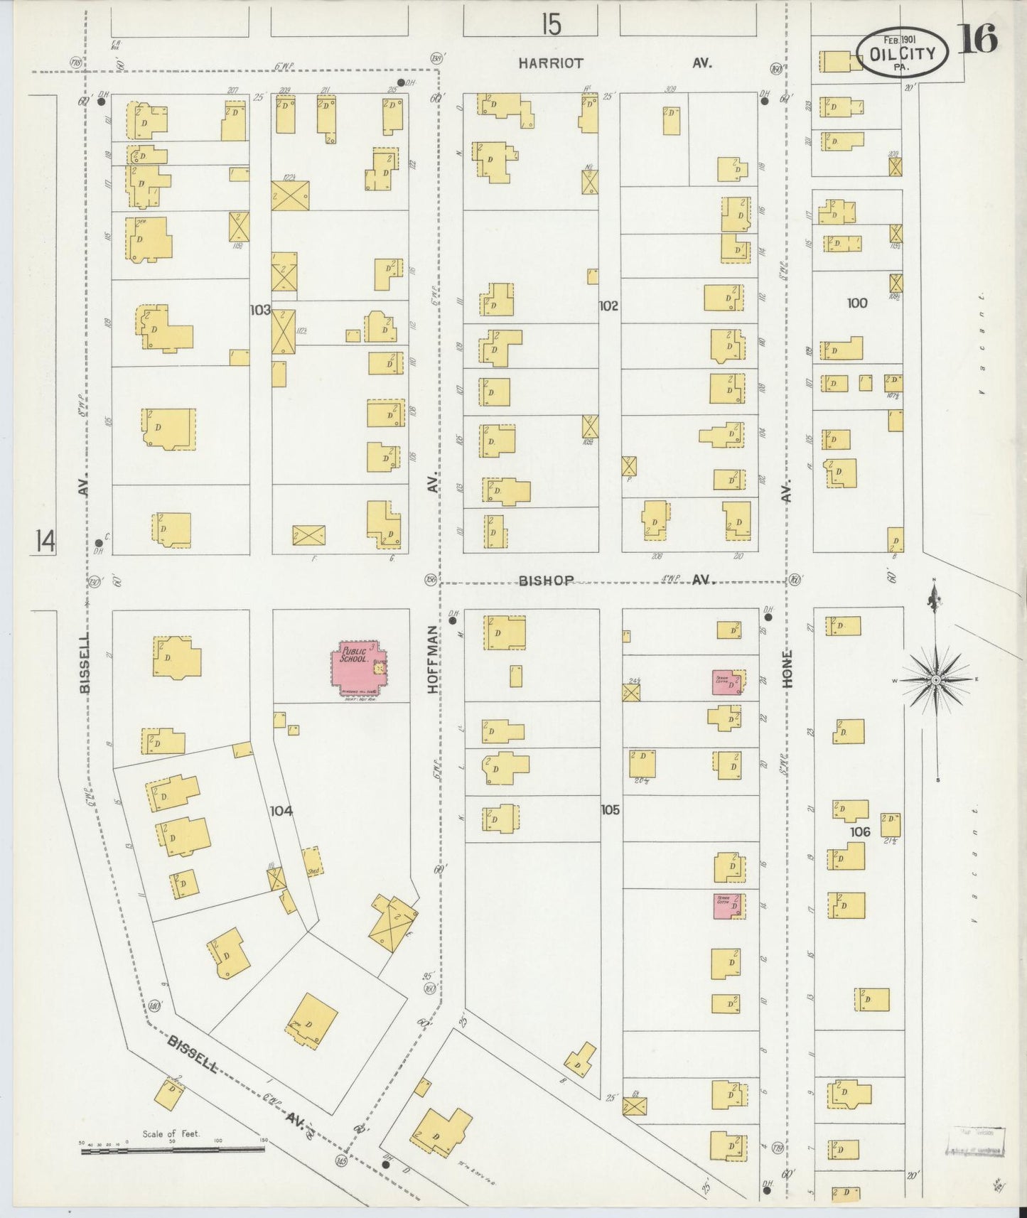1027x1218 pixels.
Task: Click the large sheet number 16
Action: tap(980, 39)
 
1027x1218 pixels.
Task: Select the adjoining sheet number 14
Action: tap(44, 541)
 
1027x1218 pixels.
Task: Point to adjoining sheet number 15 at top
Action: tap(550, 25)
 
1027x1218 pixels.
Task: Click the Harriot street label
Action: tap(550, 63)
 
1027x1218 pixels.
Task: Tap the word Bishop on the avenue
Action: tap(545, 581)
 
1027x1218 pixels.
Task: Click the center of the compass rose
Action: tap(936, 680)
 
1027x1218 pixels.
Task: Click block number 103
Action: tap(260, 310)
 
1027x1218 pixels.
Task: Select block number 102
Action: tap(608, 306)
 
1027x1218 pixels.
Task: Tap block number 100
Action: tap(857, 303)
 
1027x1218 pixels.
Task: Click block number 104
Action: tap(281, 810)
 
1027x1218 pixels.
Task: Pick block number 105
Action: tap(610, 809)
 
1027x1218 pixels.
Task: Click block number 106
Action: tap(859, 831)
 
